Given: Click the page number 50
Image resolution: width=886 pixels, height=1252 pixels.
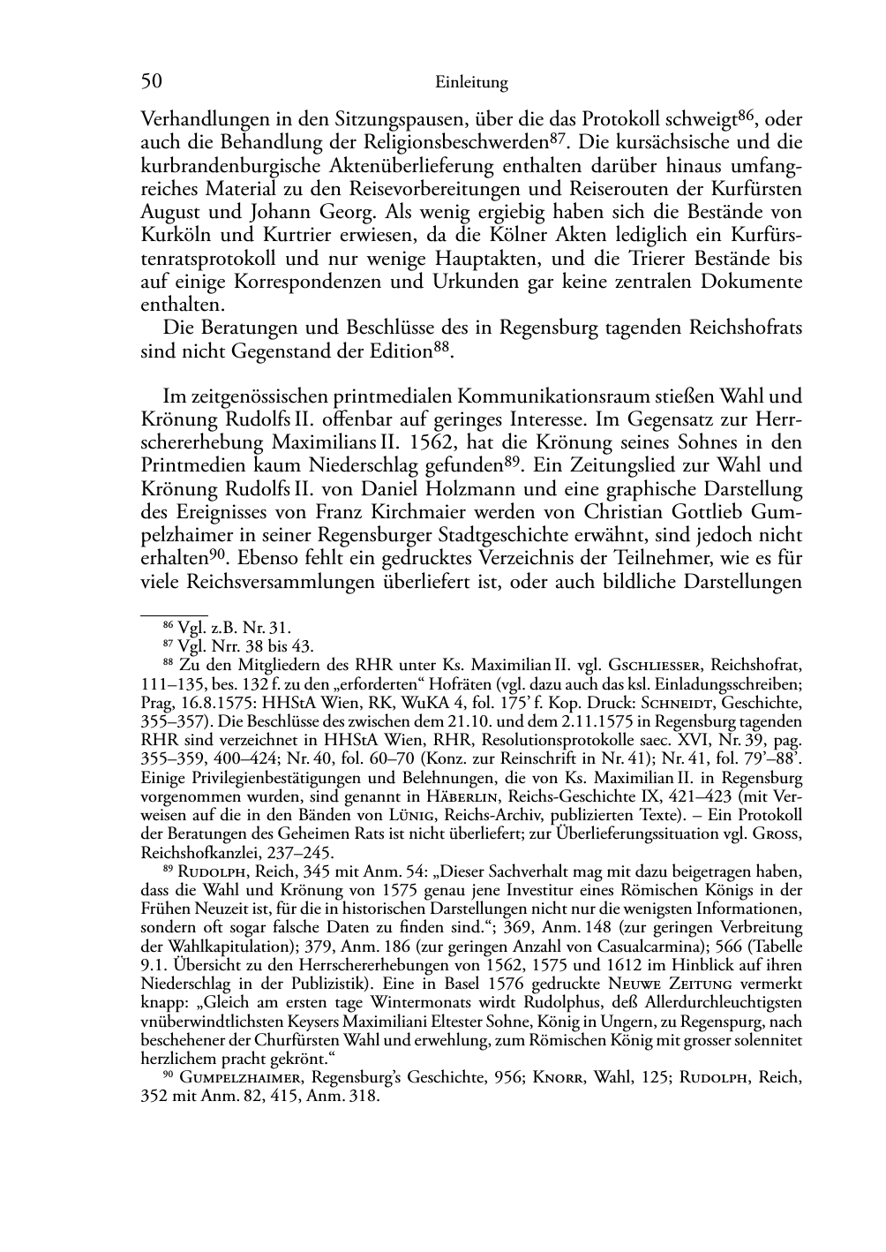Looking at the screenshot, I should [151, 82].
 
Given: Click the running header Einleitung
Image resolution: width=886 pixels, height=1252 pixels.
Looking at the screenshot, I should [471, 83].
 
